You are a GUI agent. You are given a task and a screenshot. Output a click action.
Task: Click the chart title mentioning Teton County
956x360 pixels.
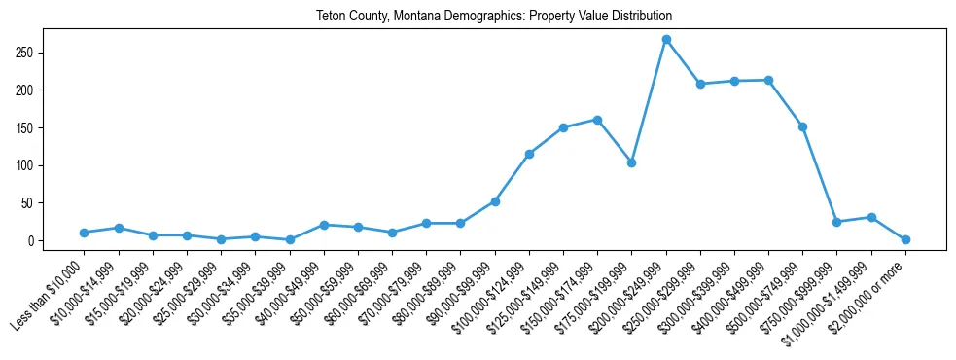494,17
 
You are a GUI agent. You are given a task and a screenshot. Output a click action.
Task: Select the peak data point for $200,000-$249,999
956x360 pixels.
666,39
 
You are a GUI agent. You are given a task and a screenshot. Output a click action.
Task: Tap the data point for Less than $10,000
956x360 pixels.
85,233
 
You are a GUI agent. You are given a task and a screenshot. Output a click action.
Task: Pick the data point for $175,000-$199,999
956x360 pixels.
632,162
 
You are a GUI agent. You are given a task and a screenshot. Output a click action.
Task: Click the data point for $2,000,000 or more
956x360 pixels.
905,239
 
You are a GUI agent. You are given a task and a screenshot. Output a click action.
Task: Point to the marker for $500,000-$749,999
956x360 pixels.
802,126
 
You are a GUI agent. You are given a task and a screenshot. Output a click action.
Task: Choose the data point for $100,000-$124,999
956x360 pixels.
529,154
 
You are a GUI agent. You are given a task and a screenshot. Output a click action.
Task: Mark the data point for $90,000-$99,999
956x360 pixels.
495,201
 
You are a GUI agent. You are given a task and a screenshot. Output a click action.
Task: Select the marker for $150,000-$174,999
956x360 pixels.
597,120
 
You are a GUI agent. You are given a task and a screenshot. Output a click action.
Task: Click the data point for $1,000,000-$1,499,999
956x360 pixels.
871,217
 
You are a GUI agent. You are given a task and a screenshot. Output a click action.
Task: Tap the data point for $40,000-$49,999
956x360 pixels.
324,225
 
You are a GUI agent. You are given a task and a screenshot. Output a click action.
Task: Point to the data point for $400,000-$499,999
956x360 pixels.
768,80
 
